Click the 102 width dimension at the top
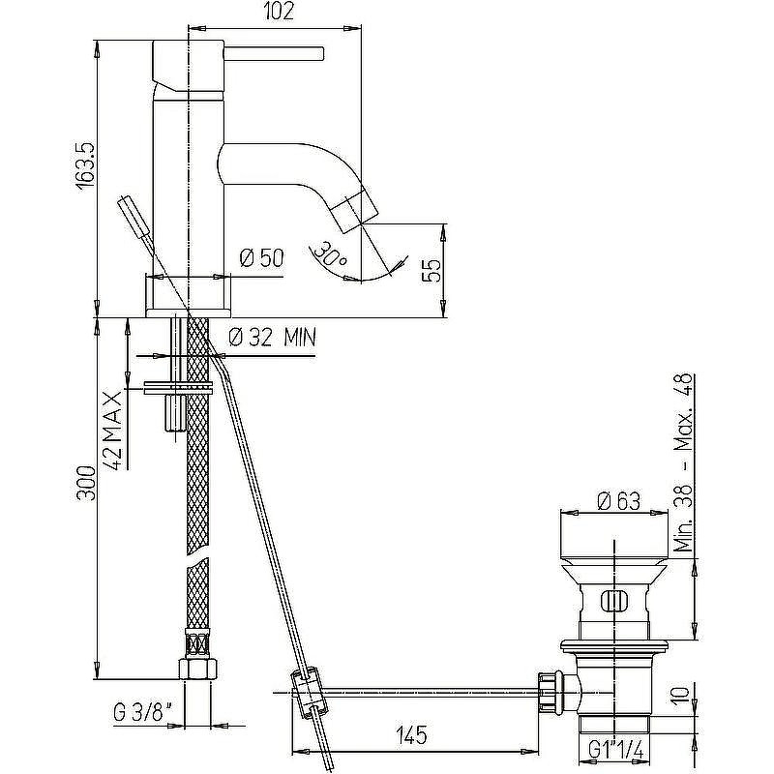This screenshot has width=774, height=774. click(279, 11)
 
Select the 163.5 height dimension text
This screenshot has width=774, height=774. click(85, 165)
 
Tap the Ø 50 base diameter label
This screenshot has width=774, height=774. click(261, 257)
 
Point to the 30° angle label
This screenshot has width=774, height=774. click(329, 253)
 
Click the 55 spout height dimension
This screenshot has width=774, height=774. click(432, 270)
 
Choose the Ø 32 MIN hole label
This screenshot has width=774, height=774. click(273, 338)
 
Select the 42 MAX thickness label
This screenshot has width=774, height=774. click(112, 431)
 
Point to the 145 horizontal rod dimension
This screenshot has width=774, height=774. click(412, 735)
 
